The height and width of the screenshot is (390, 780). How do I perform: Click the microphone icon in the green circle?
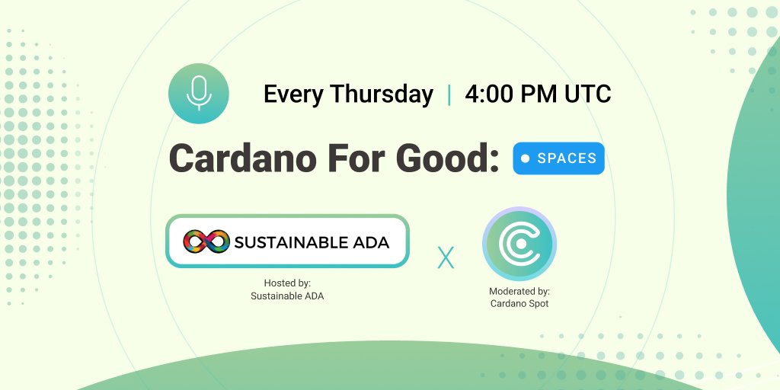coord(199,93)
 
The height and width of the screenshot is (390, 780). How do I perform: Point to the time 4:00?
coord(488,94)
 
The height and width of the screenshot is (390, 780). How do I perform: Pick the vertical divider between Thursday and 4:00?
coord(449,94)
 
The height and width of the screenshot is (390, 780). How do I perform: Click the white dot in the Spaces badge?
coord(525,158)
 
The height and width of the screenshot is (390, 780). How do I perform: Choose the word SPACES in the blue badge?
coord(567,158)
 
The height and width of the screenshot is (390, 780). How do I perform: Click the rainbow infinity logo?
coord(206,241)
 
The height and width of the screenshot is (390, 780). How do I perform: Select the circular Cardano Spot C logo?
coord(519,244)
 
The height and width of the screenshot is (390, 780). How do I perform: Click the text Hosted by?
coord(287,283)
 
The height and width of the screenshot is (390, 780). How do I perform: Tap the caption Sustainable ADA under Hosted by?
coord(287,296)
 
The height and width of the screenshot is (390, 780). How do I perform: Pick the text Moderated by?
coord(519,291)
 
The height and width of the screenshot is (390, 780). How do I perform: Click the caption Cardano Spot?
coord(519,303)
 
